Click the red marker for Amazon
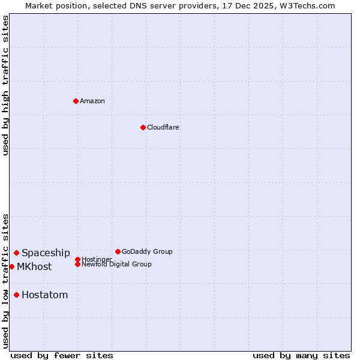76,101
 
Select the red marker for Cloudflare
143,127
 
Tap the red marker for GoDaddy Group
118,251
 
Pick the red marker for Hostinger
77,259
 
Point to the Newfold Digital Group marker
77,264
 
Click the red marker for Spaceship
16,253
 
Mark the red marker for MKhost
11,266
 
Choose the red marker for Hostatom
16,295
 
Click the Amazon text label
92,101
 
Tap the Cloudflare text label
163,127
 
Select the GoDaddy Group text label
147,251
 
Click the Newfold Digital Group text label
116,264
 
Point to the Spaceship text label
46,253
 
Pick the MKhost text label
34,266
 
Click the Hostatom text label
44,295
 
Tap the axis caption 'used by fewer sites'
62,355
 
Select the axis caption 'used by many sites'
301,355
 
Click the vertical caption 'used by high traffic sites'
5,85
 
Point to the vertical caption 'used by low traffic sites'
5,281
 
